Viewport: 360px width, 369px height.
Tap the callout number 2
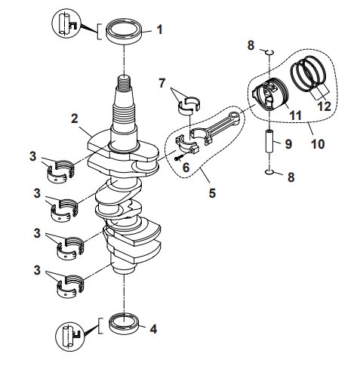[x=74, y=118]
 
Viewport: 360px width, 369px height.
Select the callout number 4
[x=154, y=329]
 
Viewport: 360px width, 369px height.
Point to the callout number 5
[x=212, y=193]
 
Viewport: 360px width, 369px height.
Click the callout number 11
[x=295, y=115]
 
